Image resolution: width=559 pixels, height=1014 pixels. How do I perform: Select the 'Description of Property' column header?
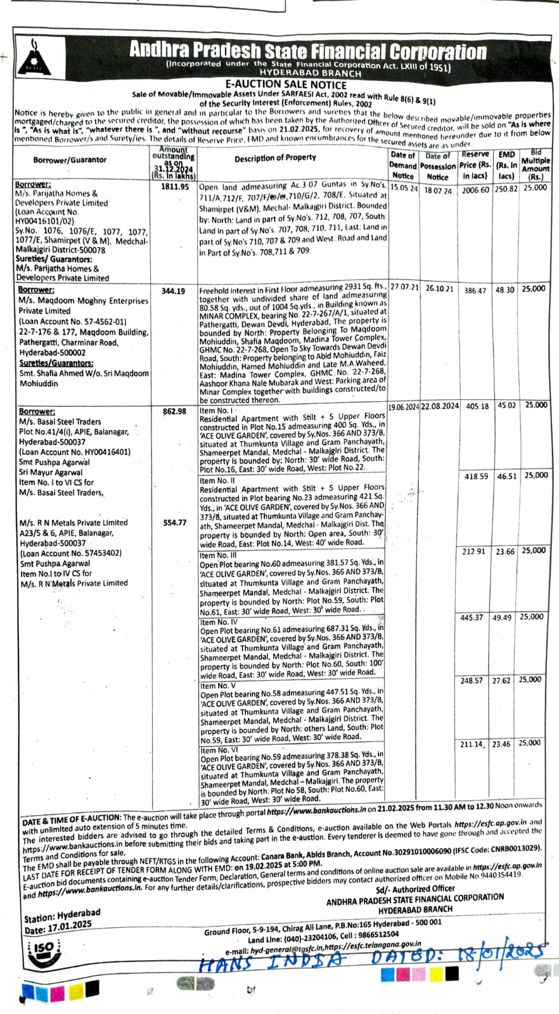click(275, 158)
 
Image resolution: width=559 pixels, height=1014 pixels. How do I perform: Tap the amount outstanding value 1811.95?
click(175, 187)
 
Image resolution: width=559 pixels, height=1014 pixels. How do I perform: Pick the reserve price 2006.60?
click(475, 190)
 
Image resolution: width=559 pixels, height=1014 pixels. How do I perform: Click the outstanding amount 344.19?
click(174, 291)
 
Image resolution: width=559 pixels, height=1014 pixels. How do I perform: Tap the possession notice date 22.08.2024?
click(440, 406)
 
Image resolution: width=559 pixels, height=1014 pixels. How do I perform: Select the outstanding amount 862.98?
click(174, 411)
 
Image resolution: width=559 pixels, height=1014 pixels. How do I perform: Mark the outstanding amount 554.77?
click(174, 522)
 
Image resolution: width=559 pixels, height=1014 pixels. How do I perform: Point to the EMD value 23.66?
click(505, 551)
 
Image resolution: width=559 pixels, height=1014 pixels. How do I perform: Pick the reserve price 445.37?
click(472, 617)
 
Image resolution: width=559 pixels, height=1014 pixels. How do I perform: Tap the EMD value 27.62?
click(501, 681)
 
